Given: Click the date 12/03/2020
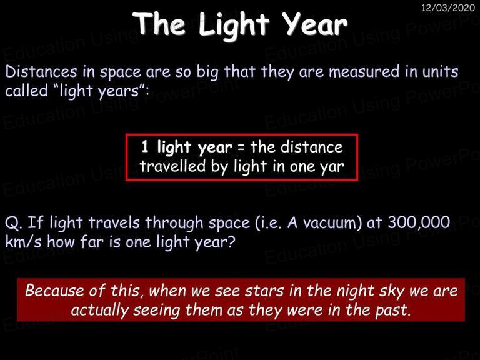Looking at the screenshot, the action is pos(448,7).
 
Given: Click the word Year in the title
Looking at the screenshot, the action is pos(314,24).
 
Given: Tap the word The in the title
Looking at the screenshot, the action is pos(159,23).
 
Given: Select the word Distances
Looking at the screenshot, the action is pos(41,72).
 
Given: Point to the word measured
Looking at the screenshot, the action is pos(364,72).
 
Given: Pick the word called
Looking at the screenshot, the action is pos(27,91).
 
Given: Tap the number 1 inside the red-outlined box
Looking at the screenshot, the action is pos(145,147).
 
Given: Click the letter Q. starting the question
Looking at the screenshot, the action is pos(14,224).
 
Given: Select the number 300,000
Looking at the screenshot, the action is pos(419,222).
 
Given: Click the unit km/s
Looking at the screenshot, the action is pos(23,242).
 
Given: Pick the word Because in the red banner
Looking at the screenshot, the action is pos(54,291).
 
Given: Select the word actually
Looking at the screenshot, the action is pos(100,311).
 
